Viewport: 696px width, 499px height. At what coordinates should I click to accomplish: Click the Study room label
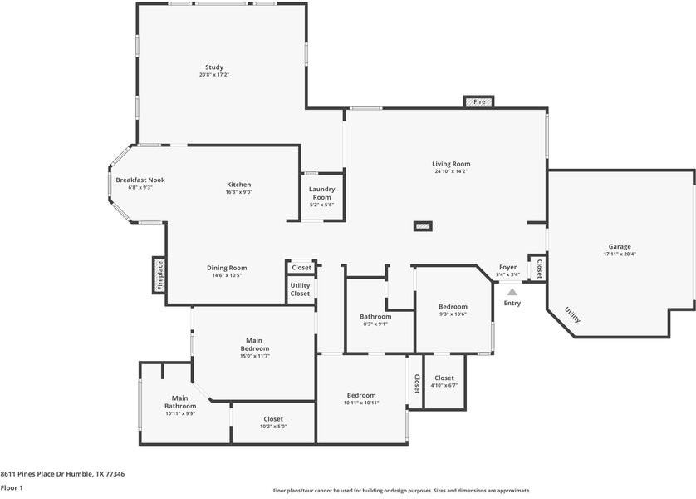click(x=214, y=67)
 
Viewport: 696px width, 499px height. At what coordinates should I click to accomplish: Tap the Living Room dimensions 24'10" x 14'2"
click(x=451, y=171)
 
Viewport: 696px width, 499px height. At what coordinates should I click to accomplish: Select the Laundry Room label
click(x=321, y=193)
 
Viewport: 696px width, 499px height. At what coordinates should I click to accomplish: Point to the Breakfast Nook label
click(x=140, y=180)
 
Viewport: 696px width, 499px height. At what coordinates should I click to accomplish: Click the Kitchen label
click(x=239, y=185)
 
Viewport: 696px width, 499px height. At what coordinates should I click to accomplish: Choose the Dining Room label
click(x=227, y=268)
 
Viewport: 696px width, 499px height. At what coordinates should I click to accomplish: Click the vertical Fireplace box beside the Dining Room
click(x=159, y=275)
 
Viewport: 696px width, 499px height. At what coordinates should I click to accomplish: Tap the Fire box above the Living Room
click(x=479, y=101)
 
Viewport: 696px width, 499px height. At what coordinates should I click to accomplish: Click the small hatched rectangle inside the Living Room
click(x=424, y=226)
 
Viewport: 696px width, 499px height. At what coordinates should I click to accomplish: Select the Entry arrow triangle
click(x=512, y=292)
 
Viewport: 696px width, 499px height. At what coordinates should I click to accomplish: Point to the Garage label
click(x=620, y=247)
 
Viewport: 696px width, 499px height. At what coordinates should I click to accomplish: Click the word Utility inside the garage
click(x=572, y=314)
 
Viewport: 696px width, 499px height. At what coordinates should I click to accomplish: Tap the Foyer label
click(x=507, y=267)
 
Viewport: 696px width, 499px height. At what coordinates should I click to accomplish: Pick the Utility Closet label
click(x=300, y=289)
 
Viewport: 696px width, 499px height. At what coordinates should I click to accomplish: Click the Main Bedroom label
click(x=255, y=344)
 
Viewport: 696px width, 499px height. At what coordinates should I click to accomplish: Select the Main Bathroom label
click(x=180, y=403)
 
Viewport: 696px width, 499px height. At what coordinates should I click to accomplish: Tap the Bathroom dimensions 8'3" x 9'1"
click(x=375, y=324)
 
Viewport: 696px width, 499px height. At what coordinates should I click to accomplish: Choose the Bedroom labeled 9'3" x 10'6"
click(x=453, y=307)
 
